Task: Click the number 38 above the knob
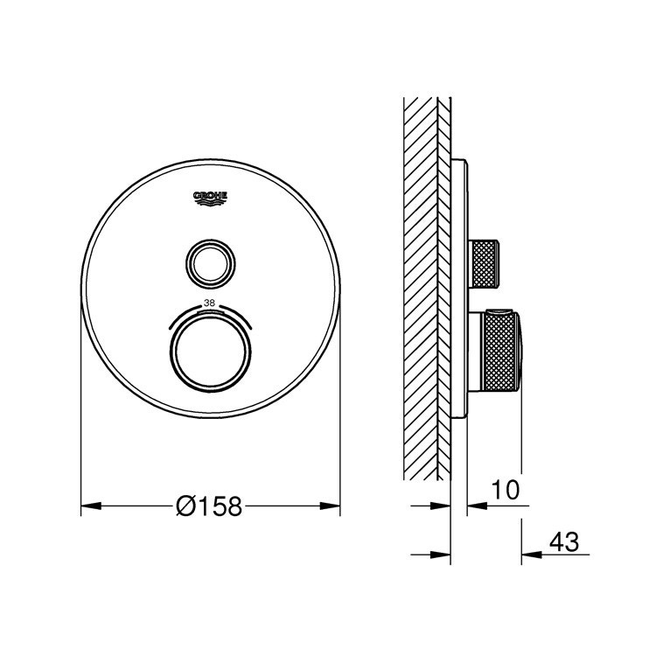209,303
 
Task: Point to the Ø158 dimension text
209,506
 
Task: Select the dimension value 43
564,542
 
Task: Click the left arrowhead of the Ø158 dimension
87,506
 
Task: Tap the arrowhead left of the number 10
473,506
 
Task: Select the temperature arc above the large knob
210,311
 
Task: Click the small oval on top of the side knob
499,312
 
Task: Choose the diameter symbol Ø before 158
185,506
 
